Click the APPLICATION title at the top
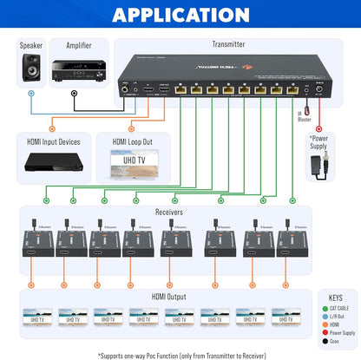point(180,14)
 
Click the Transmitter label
point(228,43)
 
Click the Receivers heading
point(169,211)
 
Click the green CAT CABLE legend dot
point(324,308)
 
